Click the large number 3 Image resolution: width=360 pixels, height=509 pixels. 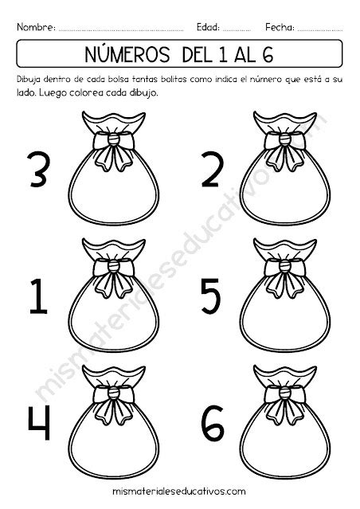pos(38,170)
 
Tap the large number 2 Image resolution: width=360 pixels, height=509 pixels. pos(213,170)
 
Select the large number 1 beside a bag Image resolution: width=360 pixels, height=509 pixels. pos(38,296)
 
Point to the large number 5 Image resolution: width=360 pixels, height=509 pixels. pos(211,296)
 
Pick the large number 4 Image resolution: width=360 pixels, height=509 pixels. pos(39,422)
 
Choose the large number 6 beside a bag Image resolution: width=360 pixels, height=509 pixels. pos(213,422)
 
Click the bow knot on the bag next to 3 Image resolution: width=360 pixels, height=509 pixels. pos(114,139)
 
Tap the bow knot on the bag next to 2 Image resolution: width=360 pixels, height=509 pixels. pos(284,139)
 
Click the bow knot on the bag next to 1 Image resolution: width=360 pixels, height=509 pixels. pos(114,267)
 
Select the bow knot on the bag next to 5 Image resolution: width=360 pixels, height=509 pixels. pos(284,267)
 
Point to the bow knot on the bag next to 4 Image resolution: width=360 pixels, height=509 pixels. pos(114,393)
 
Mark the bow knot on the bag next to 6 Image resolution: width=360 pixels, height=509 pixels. pos(284,393)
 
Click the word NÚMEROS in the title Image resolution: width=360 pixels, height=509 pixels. pos(127,54)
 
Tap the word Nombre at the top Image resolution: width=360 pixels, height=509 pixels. pos(36,27)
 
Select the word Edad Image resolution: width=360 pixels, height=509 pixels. pos(208,27)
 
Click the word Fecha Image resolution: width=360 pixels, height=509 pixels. pos(280,27)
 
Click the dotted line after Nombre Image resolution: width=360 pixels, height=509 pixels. pos(121,30)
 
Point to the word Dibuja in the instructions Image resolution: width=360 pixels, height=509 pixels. pos(28,80)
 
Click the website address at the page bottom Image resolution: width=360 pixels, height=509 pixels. pos(179,491)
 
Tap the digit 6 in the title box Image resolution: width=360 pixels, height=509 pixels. pos(267,54)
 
